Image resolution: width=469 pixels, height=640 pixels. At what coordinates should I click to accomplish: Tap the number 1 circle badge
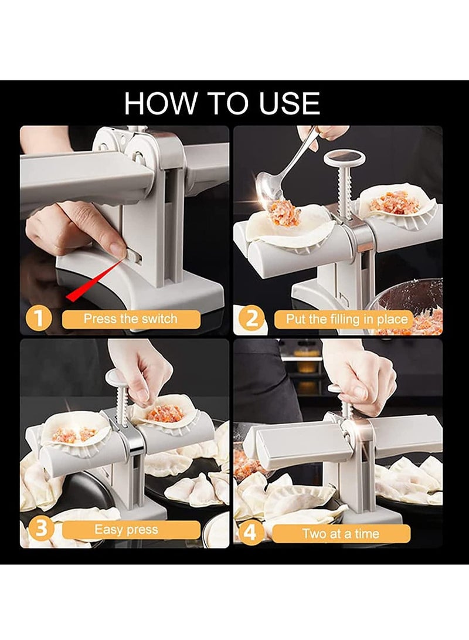[x=39, y=319]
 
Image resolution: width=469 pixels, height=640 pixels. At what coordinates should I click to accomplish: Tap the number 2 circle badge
[x=252, y=319]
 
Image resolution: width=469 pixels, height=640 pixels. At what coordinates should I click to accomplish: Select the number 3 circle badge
[x=39, y=529]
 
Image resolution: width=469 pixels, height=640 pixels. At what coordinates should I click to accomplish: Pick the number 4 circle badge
[x=252, y=533]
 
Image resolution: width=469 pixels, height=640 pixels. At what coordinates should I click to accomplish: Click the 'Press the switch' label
[x=130, y=319]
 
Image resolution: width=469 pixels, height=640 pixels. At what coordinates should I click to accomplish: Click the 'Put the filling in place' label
[x=346, y=319]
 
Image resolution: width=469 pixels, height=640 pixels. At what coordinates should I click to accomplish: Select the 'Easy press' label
[x=125, y=530]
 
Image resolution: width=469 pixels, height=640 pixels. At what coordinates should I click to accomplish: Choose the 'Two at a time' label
[x=341, y=534]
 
